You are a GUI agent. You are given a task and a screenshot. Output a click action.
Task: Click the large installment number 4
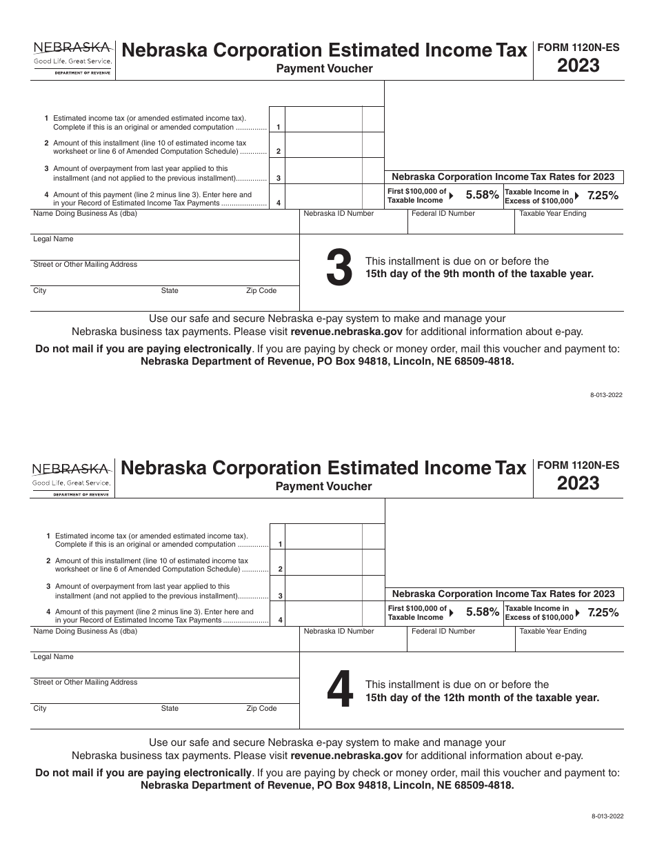pyautogui.click(x=339, y=691)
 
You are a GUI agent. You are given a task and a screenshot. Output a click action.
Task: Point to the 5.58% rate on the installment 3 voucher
pyautogui.click(x=482, y=195)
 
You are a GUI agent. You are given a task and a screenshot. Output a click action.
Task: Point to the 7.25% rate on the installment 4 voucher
pyautogui.click(x=602, y=612)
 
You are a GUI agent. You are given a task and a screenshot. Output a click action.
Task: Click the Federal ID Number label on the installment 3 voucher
pyautogui.click(x=443, y=214)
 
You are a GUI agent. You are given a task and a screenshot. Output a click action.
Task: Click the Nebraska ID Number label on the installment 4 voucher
pyautogui.click(x=339, y=631)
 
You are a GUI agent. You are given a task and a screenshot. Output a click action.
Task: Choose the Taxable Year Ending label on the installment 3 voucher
pyautogui.click(x=552, y=214)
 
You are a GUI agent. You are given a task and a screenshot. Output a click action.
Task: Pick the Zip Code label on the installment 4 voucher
pyautogui.click(x=261, y=708)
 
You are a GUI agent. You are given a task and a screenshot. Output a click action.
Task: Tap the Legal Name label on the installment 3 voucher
pyautogui.click(x=53, y=239)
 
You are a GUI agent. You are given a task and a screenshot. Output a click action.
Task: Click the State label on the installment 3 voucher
pyautogui.click(x=170, y=291)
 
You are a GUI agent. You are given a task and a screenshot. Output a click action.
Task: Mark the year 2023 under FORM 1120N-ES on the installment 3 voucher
pyautogui.click(x=578, y=66)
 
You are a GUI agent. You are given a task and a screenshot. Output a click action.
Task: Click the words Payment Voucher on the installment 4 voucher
pyautogui.click(x=324, y=487)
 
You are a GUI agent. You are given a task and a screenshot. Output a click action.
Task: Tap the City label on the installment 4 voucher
pyautogui.click(x=40, y=708)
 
